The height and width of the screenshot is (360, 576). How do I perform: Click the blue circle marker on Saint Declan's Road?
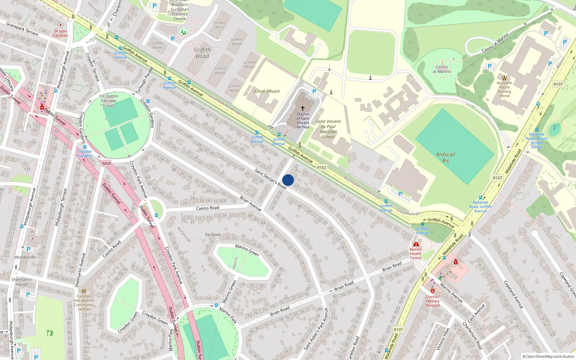click(288, 180)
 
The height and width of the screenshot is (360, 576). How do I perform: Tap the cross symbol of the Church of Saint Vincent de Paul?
click(303, 108)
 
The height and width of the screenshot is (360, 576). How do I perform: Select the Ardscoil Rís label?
click(445, 158)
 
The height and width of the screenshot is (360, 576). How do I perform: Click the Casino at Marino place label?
click(441, 69)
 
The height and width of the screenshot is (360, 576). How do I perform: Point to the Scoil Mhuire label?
click(266, 91)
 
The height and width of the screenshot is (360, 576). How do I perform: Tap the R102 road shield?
click(321, 167)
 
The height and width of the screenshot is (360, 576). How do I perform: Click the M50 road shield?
click(106, 163)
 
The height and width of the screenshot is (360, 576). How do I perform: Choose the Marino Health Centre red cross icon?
click(416, 244)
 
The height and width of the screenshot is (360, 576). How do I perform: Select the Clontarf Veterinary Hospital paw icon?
click(432, 291)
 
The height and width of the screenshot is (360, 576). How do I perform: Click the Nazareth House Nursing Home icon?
click(504, 77)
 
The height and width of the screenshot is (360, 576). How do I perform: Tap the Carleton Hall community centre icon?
click(84, 291)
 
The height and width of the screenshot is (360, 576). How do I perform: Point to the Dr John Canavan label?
click(60, 33)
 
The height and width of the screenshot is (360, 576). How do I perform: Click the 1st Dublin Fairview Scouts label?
click(108, 101)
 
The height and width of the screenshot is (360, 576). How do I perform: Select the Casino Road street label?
click(207, 208)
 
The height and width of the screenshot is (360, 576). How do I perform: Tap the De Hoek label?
click(213, 234)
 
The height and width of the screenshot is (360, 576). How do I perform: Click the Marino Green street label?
click(247, 250)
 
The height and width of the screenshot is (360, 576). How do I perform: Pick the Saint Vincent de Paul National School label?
click(328, 129)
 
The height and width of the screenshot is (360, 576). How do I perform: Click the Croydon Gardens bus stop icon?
click(85, 147)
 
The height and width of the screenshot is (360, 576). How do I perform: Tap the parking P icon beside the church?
click(314, 91)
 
